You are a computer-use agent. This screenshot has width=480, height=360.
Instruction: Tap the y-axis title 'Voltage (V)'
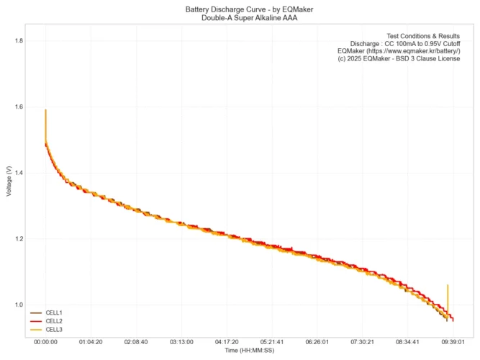[x=8, y=180]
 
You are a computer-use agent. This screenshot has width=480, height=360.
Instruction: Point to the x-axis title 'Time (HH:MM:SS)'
[x=249, y=350]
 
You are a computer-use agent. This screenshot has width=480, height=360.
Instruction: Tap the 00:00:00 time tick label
[x=45, y=342]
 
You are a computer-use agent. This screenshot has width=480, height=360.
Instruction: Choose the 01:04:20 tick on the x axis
[x=91, y=342]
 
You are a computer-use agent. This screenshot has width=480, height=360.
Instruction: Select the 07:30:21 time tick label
[x=363, y=342]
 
